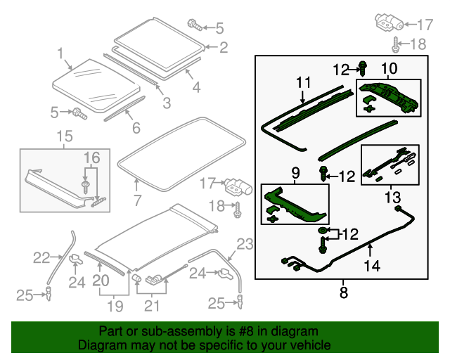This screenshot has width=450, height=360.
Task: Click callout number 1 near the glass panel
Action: tap(60, 53)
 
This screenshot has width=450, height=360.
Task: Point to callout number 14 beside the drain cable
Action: tap(371, 266)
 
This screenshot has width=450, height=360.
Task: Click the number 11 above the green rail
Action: tap(302, 83)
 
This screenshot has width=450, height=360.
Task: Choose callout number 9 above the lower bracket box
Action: tap(295, 172)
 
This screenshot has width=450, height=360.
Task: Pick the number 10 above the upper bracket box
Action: tap(389, 68)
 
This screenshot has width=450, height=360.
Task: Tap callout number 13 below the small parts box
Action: tap(392, 197)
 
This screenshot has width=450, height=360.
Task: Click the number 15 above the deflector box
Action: tap(64, 136)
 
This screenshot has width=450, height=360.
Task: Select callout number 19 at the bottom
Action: tap(114, 306)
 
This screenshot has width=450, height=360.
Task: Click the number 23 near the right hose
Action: tap(243, 244)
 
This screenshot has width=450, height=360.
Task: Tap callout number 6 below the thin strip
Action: tap(136, 127)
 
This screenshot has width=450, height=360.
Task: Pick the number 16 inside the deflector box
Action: tap(93, 157)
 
